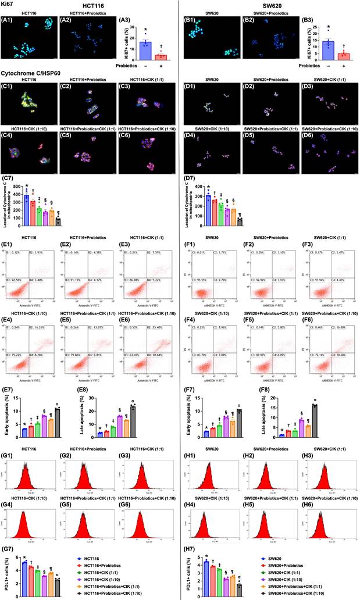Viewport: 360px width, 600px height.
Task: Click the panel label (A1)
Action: pyautogui.click(x=8, y=19)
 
